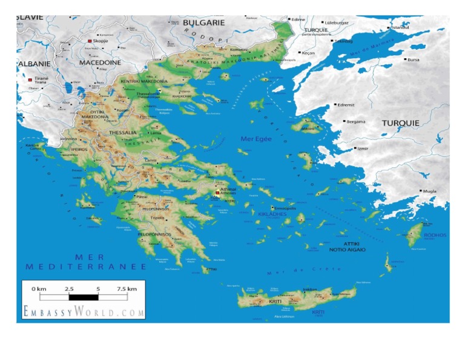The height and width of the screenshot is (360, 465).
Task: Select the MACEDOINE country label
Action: tap(101, 62)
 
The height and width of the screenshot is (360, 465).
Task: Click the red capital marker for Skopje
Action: tap(90, 41)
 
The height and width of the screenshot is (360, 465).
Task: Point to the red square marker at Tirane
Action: tap(30, 79)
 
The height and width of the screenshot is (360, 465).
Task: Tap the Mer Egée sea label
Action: tap(256, 139)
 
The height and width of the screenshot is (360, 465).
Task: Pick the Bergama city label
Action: tap(355, 122)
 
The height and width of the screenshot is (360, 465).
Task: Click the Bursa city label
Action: tap(414, 60)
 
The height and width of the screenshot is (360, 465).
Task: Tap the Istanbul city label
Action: tap(400, 27)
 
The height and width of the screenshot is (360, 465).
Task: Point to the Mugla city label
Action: tap(429, 191)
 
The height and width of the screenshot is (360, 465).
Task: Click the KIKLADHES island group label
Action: tap(271, 215)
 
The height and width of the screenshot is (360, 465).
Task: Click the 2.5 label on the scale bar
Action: tap(69, 289)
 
